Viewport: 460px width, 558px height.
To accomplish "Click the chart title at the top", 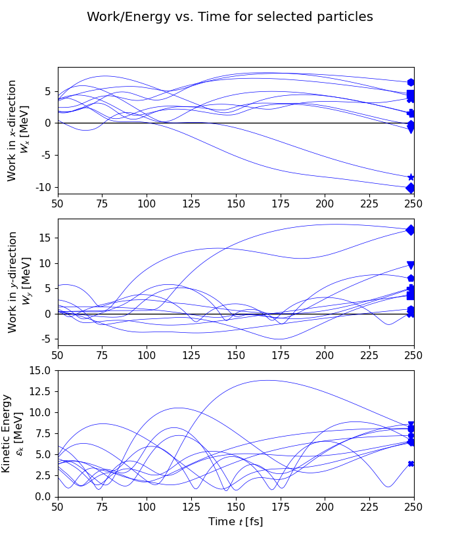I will (230, 17).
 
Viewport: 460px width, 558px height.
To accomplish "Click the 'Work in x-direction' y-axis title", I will (18, 130).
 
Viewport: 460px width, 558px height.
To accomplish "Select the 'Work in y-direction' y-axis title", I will (18, 282).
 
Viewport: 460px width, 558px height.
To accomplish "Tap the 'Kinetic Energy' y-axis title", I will (12, 433).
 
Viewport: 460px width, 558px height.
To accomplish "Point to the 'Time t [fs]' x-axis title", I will (235, 522).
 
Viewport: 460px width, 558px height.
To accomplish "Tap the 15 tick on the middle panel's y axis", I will (47, 238).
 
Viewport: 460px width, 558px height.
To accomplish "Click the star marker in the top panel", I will (411, 177).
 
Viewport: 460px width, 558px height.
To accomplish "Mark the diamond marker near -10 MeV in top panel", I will (411, 188).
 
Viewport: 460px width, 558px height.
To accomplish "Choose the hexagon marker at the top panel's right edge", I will (411, 82).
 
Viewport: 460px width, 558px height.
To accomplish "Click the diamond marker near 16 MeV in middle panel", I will (411, 230).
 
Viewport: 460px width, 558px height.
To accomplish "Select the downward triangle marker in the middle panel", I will (411, 265).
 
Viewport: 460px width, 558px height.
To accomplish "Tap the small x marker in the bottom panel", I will (411, 463).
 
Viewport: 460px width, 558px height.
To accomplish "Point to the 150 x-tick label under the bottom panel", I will (235, 507).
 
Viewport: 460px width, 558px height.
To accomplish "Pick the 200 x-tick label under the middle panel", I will (325, 355).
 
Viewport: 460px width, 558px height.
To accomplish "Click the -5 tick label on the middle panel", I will (47, 339).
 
